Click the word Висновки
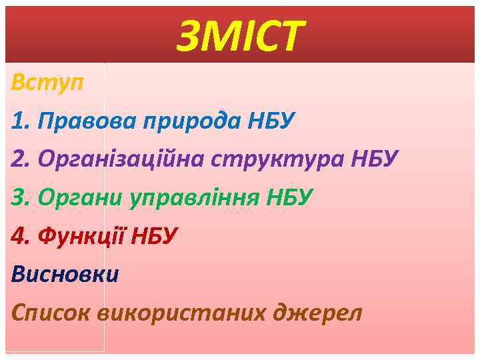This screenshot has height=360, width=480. [65, 273]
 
